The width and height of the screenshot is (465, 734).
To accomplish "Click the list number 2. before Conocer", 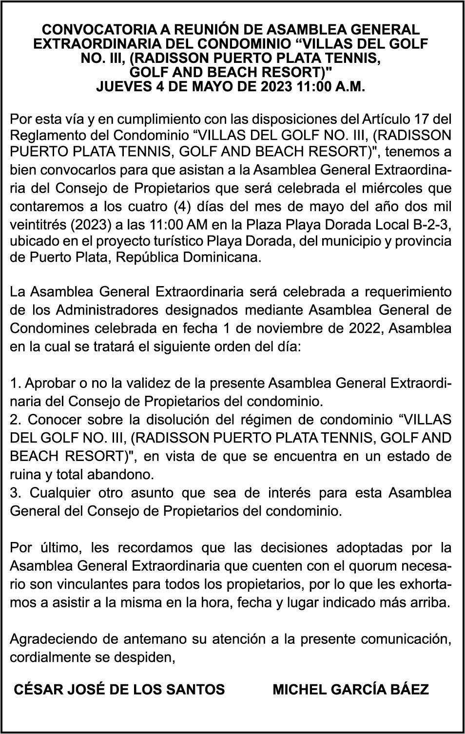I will pos(15,420).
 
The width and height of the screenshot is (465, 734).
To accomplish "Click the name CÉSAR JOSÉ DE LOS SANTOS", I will pos(119,690).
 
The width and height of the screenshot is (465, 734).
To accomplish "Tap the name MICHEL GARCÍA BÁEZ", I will pos(350,690).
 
